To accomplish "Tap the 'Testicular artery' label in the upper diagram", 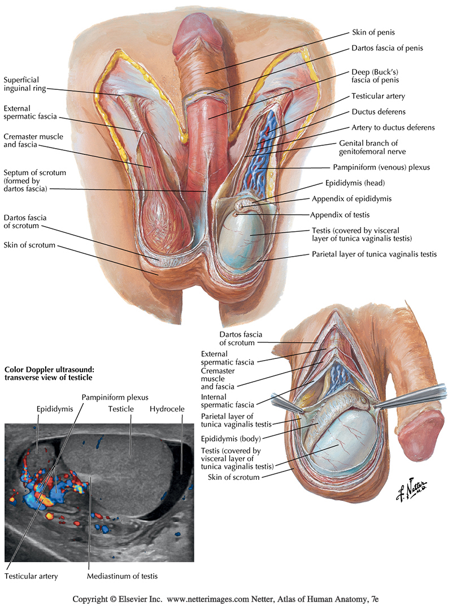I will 379,96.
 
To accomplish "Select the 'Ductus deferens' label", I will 379,112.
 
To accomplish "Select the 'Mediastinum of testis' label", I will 122,577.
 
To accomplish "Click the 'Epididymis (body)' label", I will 238,437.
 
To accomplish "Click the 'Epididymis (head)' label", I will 358,183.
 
